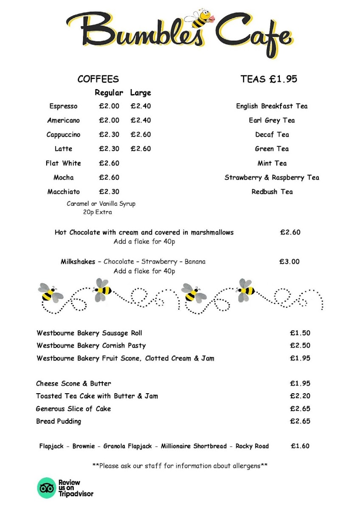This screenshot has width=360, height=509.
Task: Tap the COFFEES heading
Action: pyautogui.click(x=98, y=79)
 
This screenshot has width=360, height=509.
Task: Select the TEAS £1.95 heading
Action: pyautogui.click(x=269, y=79)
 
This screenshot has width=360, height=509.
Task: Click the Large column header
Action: pyautogui.click(x=141, y=93)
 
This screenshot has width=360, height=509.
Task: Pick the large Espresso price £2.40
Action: pyautogui.click(x=141, y=106)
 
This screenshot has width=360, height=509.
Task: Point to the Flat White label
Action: pyautogui.click(x=63, y=163)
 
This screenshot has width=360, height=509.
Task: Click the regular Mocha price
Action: pyautogui.click(x=109, y=178)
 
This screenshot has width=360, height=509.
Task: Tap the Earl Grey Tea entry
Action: pyautogui.click(x=272, y=120)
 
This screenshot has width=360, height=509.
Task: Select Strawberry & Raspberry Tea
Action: pyautogui.click(x=272, y=178)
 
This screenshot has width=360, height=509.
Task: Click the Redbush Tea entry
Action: pyautogui.click(x=272, y=192)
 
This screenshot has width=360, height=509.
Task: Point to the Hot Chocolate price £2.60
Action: pyautogui.click(x=290, y=232)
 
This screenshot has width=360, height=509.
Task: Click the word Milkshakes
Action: pyautogui.click(x=78, y=262)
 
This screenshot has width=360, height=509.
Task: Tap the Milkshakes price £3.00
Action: pyautogui.click(x=290, y=262)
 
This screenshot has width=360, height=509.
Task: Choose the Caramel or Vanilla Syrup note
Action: pyautogui.click(x=101, y=204)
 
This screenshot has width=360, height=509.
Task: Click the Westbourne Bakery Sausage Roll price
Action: pyautogui.click(x=300, y=333)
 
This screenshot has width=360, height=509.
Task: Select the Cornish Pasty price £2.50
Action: pyautogui.click(x=300, y=346)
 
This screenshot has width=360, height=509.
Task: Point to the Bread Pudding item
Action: pyautogui.click(x=59, y=422)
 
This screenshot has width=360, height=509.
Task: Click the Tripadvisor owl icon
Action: pyautogui.click(x=46, y=488)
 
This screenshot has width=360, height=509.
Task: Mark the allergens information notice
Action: pyautogui.click(x=180, y=465)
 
